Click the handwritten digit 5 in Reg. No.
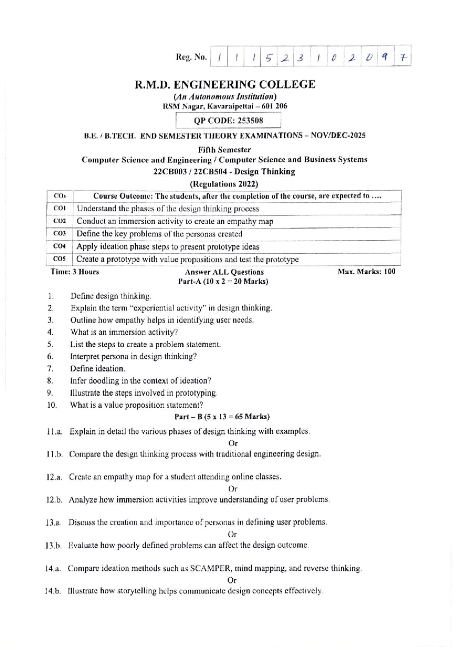(x=269, y=58)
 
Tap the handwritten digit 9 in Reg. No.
(x=385, y=58)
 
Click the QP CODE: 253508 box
(x=228, y=121)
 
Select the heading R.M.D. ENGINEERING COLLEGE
(x=225, y=84)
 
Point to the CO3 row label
(x=60, y=233)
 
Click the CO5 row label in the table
(x=60, y=259)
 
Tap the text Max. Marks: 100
(x=366, y=272)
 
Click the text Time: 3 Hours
(x=75, y=272)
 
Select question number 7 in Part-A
(x=50, y=369)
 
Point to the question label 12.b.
(x=54, y=500)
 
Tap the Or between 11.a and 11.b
(x=233, y=443)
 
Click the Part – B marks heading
(x=222, y=417)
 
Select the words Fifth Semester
(x=224, y=150)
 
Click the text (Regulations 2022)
(x=224, y=184)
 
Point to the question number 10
(x=52, y=405)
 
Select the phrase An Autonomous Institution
(x=225, y=97)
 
